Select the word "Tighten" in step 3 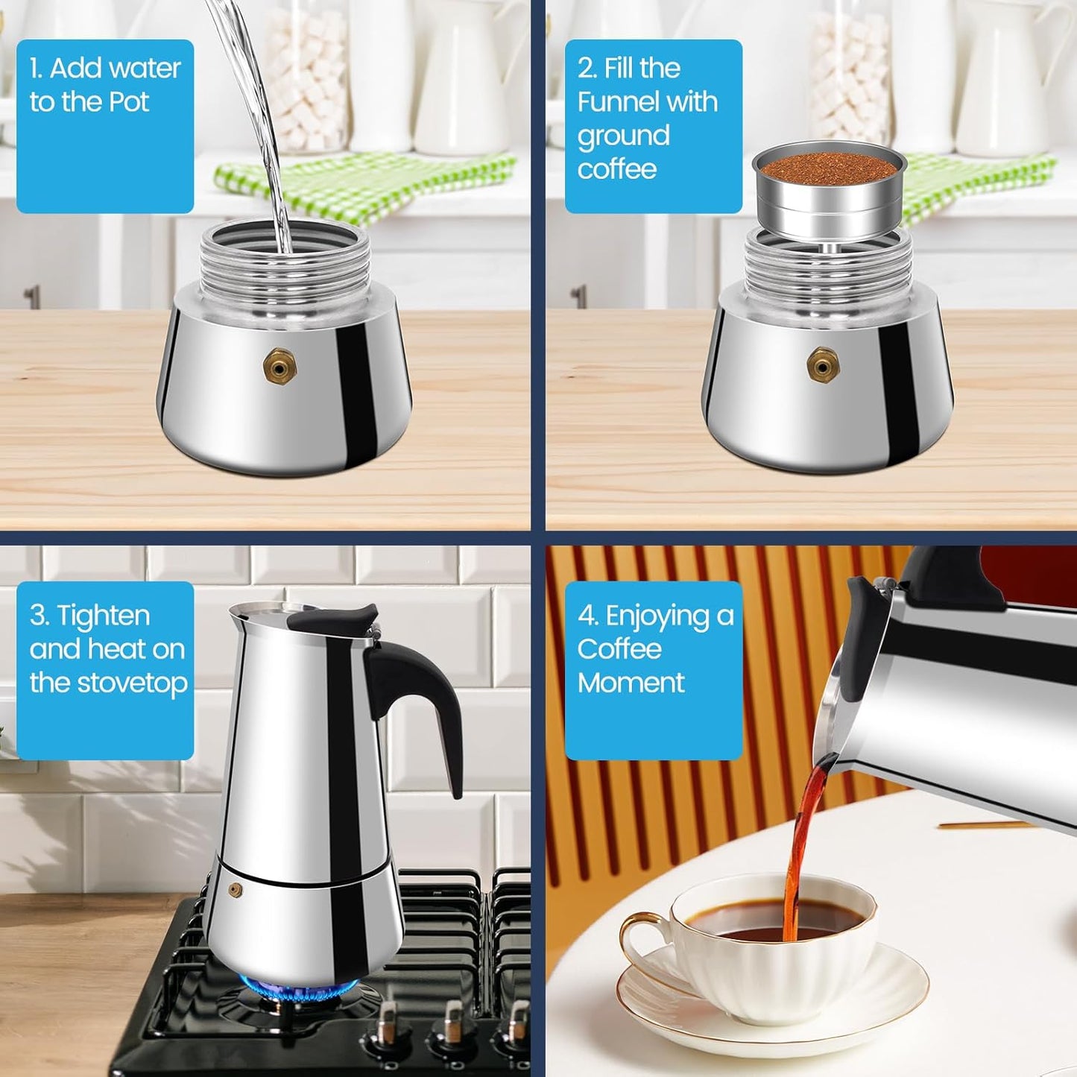pos(104,616)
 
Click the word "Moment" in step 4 pos(631,683)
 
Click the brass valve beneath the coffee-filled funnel pos(823,365)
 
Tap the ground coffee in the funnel pos(829,165)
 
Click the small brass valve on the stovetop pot pos(236,890)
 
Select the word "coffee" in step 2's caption pos(616,169)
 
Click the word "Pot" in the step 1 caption pos(129,102)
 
